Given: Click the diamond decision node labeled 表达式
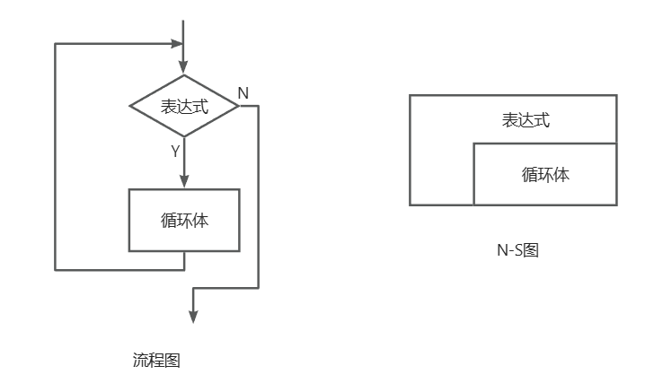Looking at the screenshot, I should [184, 106].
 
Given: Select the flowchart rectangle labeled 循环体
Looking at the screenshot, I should [184, 220].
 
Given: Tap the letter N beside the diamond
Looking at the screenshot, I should [243, 93].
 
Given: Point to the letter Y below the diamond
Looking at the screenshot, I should [175, 151].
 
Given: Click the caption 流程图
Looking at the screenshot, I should [157, 361].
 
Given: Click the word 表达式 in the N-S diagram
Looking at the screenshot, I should [526, 120].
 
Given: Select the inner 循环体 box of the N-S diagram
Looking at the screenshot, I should [545, 174].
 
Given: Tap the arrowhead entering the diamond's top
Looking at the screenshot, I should [184, 67].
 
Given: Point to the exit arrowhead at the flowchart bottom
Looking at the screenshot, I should [193, 316].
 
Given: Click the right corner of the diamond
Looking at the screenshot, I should [239, 106].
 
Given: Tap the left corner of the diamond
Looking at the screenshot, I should [130, 106].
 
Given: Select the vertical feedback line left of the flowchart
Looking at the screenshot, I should [55, 157].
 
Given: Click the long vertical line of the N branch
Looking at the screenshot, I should [258, 197].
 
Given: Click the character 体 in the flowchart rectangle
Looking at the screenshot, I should [200, 220].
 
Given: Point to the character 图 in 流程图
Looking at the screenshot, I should [173, 361].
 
